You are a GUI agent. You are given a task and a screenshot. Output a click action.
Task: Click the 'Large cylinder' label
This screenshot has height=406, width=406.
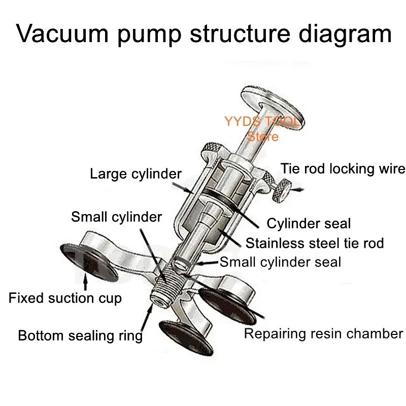pyautogui.click(x=136, y=174)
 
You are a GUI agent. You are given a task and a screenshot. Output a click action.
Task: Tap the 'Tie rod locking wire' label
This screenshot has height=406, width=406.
pyautogui.click(x=343, y=168)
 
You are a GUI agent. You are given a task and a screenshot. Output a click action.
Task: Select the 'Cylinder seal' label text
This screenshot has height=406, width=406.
pyautogui.click(x=309, y=223)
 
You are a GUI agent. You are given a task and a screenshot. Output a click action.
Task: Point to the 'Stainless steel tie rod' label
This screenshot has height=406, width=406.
pyautogui.click(x=315, y=243)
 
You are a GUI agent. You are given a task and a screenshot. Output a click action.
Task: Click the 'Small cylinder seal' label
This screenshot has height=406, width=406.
pyautogui.click(x=280, y=262)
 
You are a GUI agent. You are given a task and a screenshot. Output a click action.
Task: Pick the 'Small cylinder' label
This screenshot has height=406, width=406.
pyautogui.click(x=116, y=217)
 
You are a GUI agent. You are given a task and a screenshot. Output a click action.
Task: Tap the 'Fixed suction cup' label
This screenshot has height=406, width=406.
pyautogui.click(x=65, y=298)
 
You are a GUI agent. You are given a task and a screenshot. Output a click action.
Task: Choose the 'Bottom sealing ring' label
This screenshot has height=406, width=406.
pyautogui.click(x=80, y=335)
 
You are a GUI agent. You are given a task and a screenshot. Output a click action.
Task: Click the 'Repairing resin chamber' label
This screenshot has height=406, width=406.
pyautogui.click(x=323, y=333)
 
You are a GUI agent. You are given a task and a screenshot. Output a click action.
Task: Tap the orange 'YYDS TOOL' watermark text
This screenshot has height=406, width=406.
pyautogui.click(x=262, y=122)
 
